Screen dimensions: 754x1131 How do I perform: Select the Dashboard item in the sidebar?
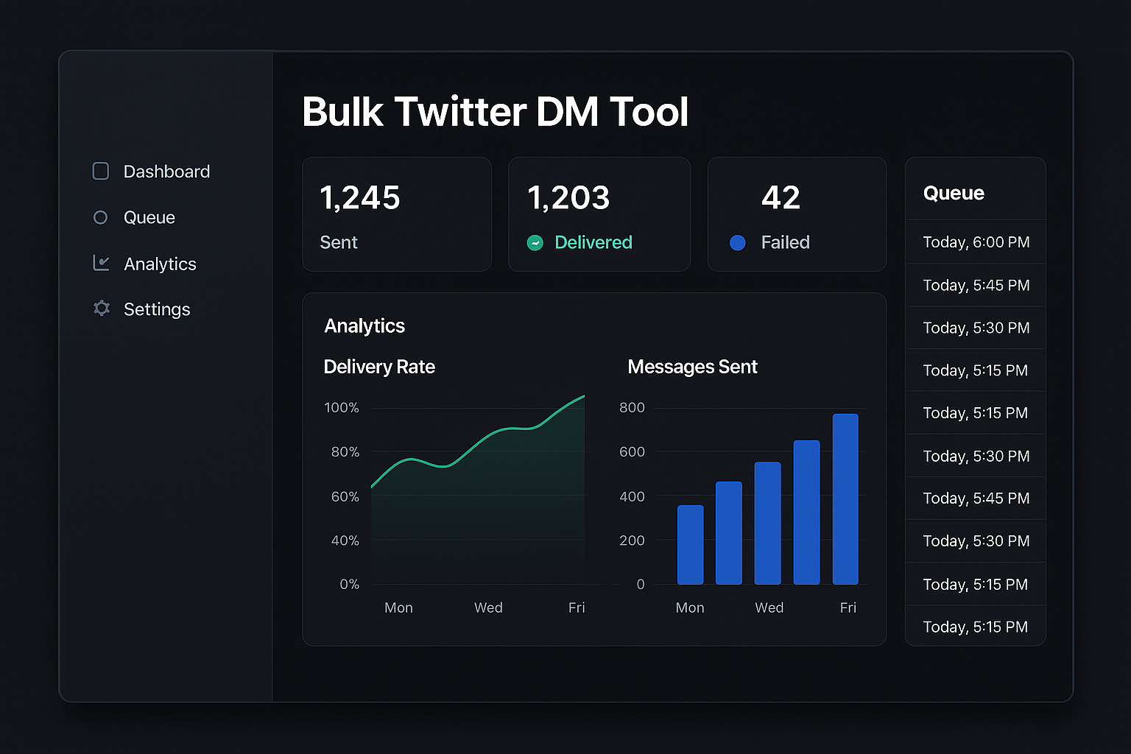pos(166,172)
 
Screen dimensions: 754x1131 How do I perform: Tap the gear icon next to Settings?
pos(102,309)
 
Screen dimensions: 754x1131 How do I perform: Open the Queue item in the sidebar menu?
pos(149,217)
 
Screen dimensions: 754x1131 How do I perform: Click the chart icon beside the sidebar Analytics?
pos(102,263)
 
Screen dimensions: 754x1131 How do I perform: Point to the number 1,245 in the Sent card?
pos(360,197)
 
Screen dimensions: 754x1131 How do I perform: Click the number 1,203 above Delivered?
pos(568,197)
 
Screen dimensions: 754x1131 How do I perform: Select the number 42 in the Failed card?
pos(781,197)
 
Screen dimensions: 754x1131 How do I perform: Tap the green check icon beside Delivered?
pos(535,242)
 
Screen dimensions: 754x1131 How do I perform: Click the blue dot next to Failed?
pos(737,242)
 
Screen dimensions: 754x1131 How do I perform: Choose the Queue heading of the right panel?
pos(954,193)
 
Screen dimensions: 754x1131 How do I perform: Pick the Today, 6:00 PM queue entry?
pos(976,242)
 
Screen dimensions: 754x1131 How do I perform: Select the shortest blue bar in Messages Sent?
pos(690,545)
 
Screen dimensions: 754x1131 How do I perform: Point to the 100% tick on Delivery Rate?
pos(342,407)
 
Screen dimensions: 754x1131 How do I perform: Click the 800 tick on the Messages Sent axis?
pos(632,407)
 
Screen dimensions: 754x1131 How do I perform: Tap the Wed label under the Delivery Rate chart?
pos(488,607)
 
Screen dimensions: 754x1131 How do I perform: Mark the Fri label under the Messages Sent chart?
pos(848,607)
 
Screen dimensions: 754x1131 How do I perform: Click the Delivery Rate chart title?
pos(379,367)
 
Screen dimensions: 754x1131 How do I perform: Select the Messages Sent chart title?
pos(692,367)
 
